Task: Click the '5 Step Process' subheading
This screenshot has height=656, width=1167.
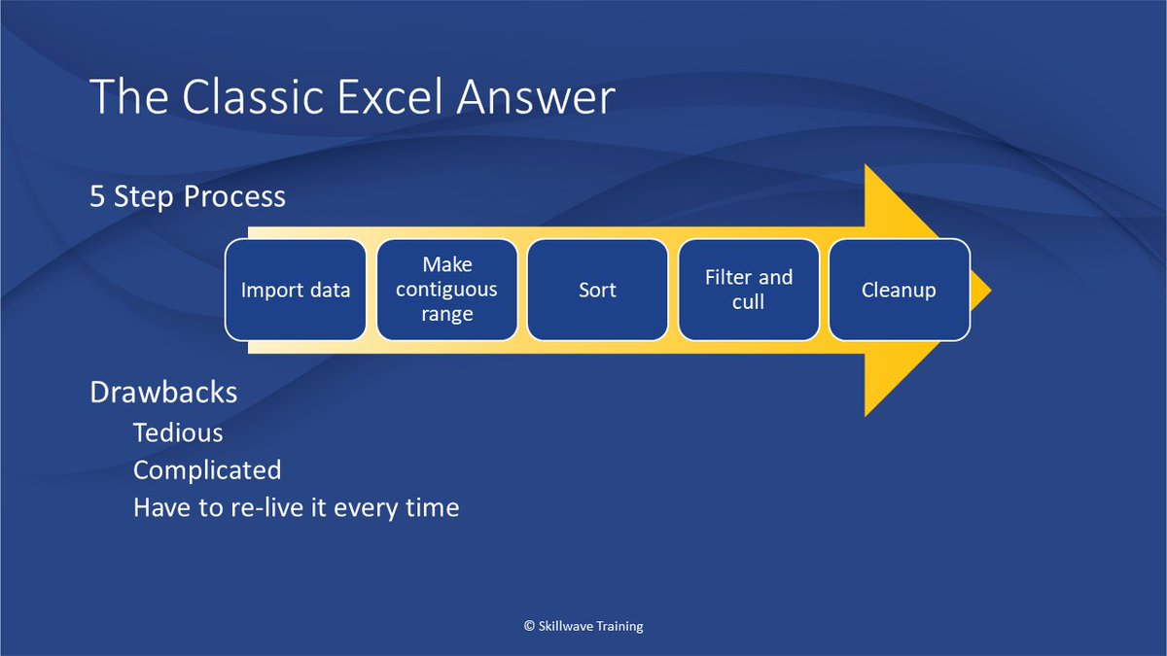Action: click(x=188, y=196)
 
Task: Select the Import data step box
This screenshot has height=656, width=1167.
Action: click(x=296, y=290)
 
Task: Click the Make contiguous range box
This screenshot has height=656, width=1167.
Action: click(x=446, y=290)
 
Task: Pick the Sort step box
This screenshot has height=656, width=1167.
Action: click(x=597, y=290)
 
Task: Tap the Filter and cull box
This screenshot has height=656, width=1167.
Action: click(x=748, y=290)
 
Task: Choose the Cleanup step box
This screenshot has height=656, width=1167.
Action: click(x=899, y=290)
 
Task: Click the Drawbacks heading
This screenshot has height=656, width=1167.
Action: click(x=163, y=392)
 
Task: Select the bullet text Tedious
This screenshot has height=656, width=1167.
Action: click(x=178, y=432)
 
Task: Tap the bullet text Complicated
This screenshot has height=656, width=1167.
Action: click(x=207, y=470)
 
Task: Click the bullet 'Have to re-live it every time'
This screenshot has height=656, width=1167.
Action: click(x=296, y=507)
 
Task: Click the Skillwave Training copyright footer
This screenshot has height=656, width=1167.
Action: click(x=583, y=627)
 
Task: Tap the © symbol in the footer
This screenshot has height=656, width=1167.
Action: click(x=529, y=627)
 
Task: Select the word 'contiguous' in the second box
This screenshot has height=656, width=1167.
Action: click(x=446, y=290)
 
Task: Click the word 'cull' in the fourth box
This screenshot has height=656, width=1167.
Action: click(x=748, y=302)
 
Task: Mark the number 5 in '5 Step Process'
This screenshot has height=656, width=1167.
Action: click(x=97, y=196)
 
